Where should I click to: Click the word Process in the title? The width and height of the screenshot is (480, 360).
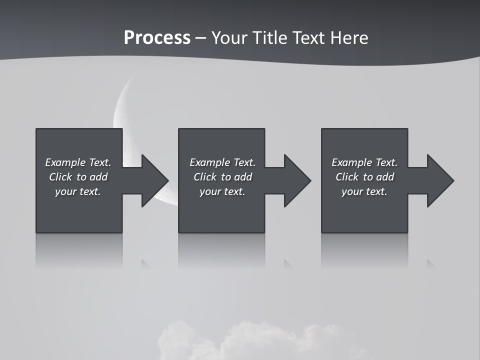[x=157, y=38]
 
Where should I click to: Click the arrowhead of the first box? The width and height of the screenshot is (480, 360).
[x=154, y=180]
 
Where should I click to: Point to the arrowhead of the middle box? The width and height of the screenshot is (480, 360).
[x=297, y=180]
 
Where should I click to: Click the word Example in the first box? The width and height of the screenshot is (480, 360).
[x=65, y=162]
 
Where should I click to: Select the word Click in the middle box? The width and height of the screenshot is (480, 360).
[x=205, y=177]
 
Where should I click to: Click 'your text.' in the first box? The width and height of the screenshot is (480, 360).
[x=78, y=191]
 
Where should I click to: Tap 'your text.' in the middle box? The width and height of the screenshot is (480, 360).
[x=222, y=191]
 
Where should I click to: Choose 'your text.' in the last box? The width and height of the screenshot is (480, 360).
[x=364, y=191]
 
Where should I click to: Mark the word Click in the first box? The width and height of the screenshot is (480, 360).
[x=60, y=177]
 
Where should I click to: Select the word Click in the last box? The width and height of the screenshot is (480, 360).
[x=347, y=177]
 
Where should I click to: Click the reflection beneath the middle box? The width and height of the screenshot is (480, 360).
[x=221, y=250]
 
